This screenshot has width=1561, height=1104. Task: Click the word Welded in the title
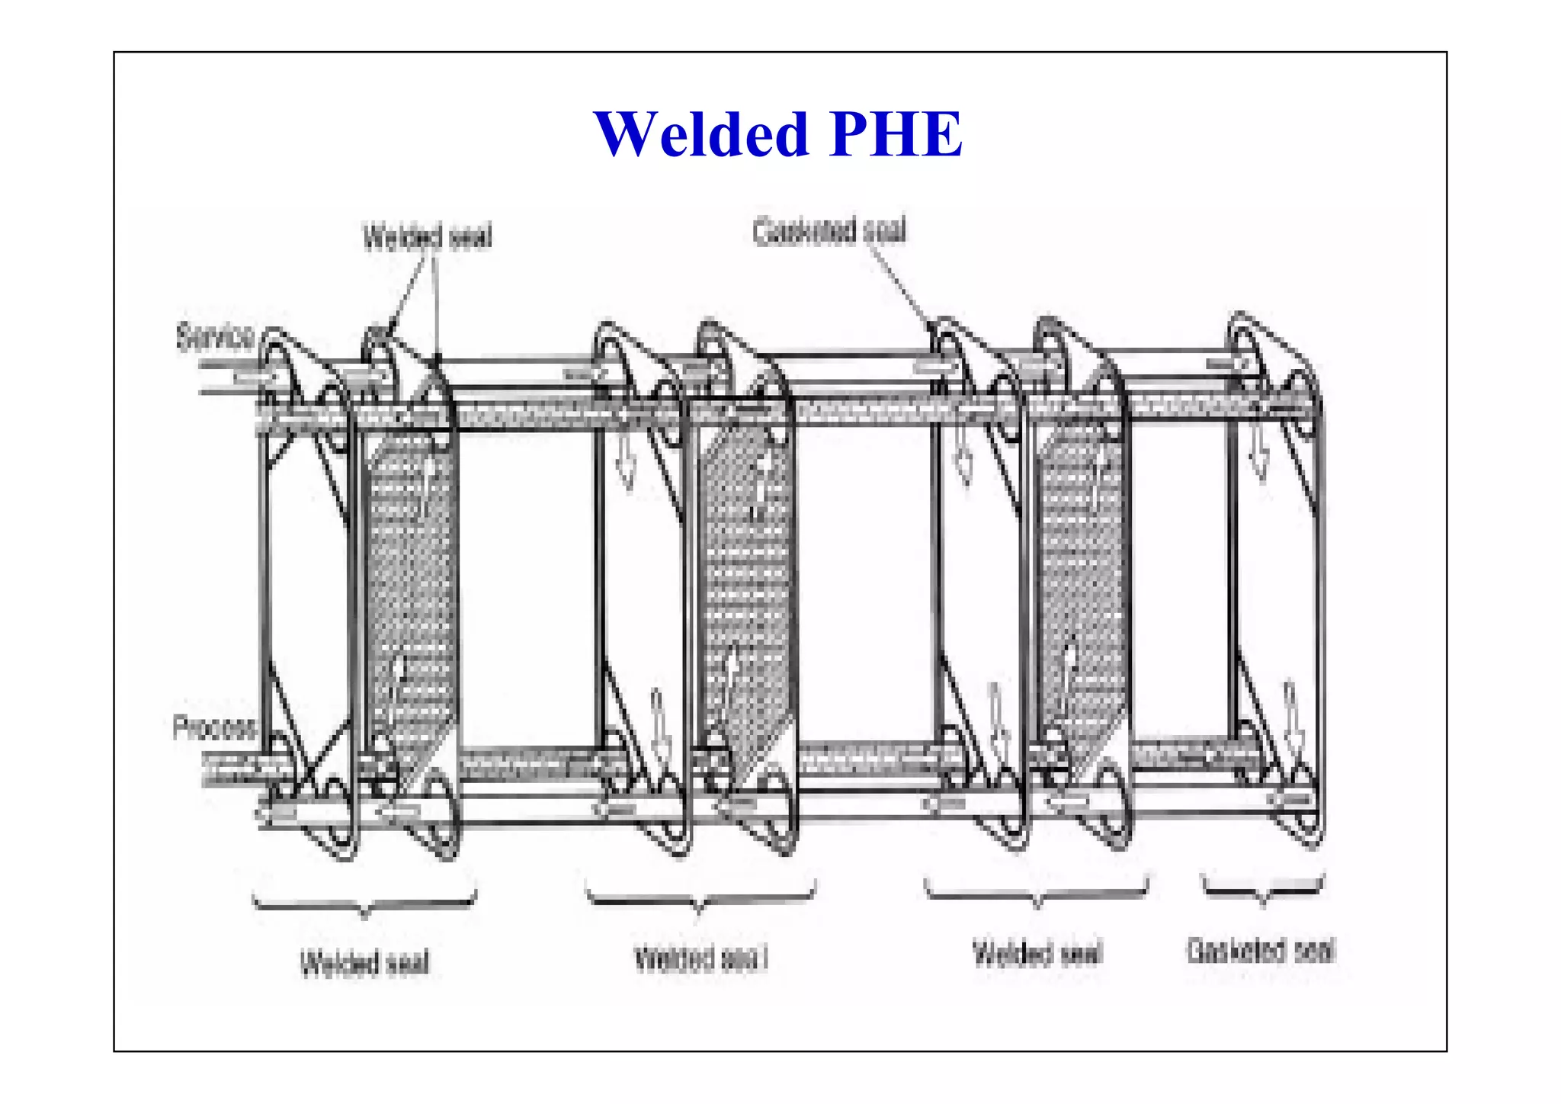701,135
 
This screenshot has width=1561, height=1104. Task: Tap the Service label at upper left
215,336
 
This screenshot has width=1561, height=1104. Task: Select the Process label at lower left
214,727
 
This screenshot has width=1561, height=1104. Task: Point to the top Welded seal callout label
428,237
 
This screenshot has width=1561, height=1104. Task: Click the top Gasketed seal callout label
829,231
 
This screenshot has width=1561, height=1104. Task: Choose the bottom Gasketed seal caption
1261,951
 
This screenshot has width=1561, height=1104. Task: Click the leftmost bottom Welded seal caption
365,962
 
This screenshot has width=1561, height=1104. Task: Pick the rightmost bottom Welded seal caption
1037,954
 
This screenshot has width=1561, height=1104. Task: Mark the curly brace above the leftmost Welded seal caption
365,904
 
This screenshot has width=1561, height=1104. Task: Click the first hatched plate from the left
412,579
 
